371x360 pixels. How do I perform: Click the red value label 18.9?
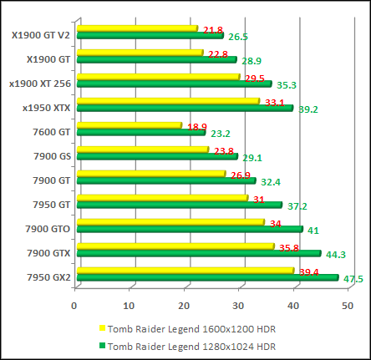[197, 127]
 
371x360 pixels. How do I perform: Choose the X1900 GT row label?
[48, 58]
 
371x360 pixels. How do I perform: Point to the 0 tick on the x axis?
[74, 304]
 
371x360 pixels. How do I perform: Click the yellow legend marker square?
[102, 329]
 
